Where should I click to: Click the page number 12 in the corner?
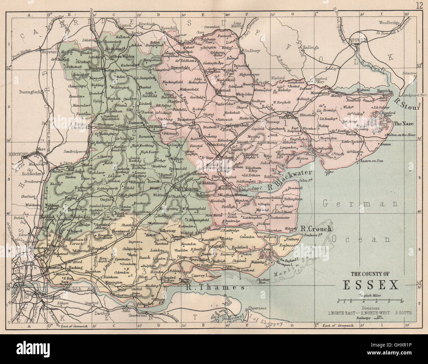[x=419, y=5]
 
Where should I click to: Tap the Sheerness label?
[x=257, y=308]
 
